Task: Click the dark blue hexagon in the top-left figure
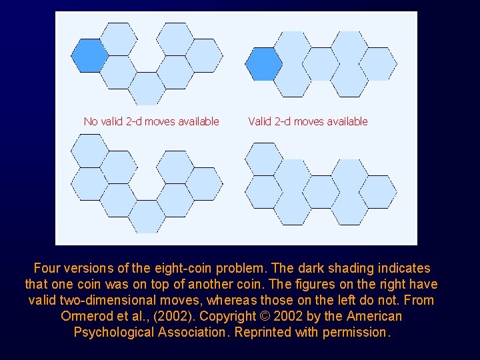click(x=89, y=55)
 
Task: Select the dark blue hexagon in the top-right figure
click(x=263, y=64)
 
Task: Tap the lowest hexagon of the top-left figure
click(x=147, y=88)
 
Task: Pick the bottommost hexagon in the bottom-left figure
click(x=147, y=217)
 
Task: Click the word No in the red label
click(x=90, y=121)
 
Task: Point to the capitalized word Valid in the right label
click(x=259, y=121)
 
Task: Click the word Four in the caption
click(x=47, y=269)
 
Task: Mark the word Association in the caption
click(x=191, y=332)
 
